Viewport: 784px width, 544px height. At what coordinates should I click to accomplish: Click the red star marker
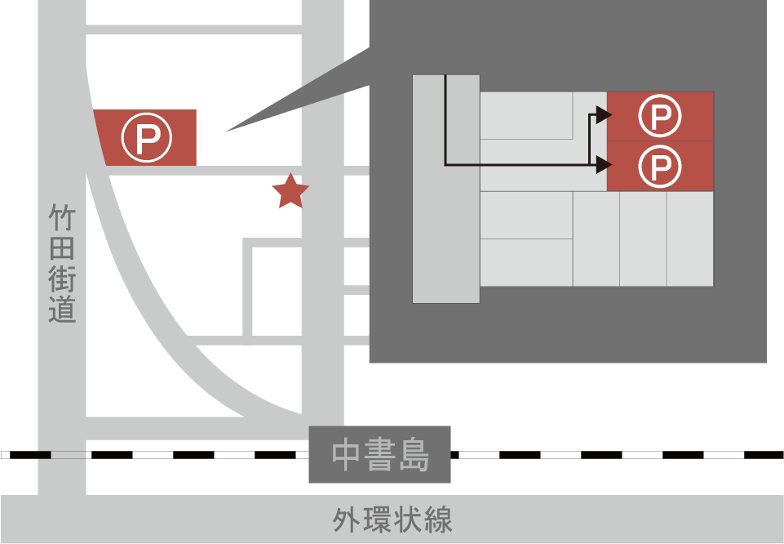(290, 192)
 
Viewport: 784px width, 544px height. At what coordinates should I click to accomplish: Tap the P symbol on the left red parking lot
(147, 137)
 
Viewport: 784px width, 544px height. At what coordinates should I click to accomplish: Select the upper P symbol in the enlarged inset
(659, 116)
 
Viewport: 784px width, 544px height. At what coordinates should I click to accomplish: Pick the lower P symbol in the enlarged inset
(659, 167)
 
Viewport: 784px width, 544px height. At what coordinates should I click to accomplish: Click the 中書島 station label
(380, 454)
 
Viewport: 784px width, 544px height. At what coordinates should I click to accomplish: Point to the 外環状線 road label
(392, 519)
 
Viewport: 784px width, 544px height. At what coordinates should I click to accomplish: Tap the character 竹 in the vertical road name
(62, 219)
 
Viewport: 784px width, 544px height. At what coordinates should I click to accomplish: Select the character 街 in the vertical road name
(62, 279)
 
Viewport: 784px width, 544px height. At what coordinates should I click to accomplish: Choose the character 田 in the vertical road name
(62, 249)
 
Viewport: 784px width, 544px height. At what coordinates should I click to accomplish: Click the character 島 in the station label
(414, 454)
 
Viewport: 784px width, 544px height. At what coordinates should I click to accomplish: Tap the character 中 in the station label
(347, 454)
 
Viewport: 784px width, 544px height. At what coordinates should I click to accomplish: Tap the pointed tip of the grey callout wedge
(228, 130)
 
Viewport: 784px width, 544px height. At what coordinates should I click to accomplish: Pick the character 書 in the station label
(380, 454)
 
